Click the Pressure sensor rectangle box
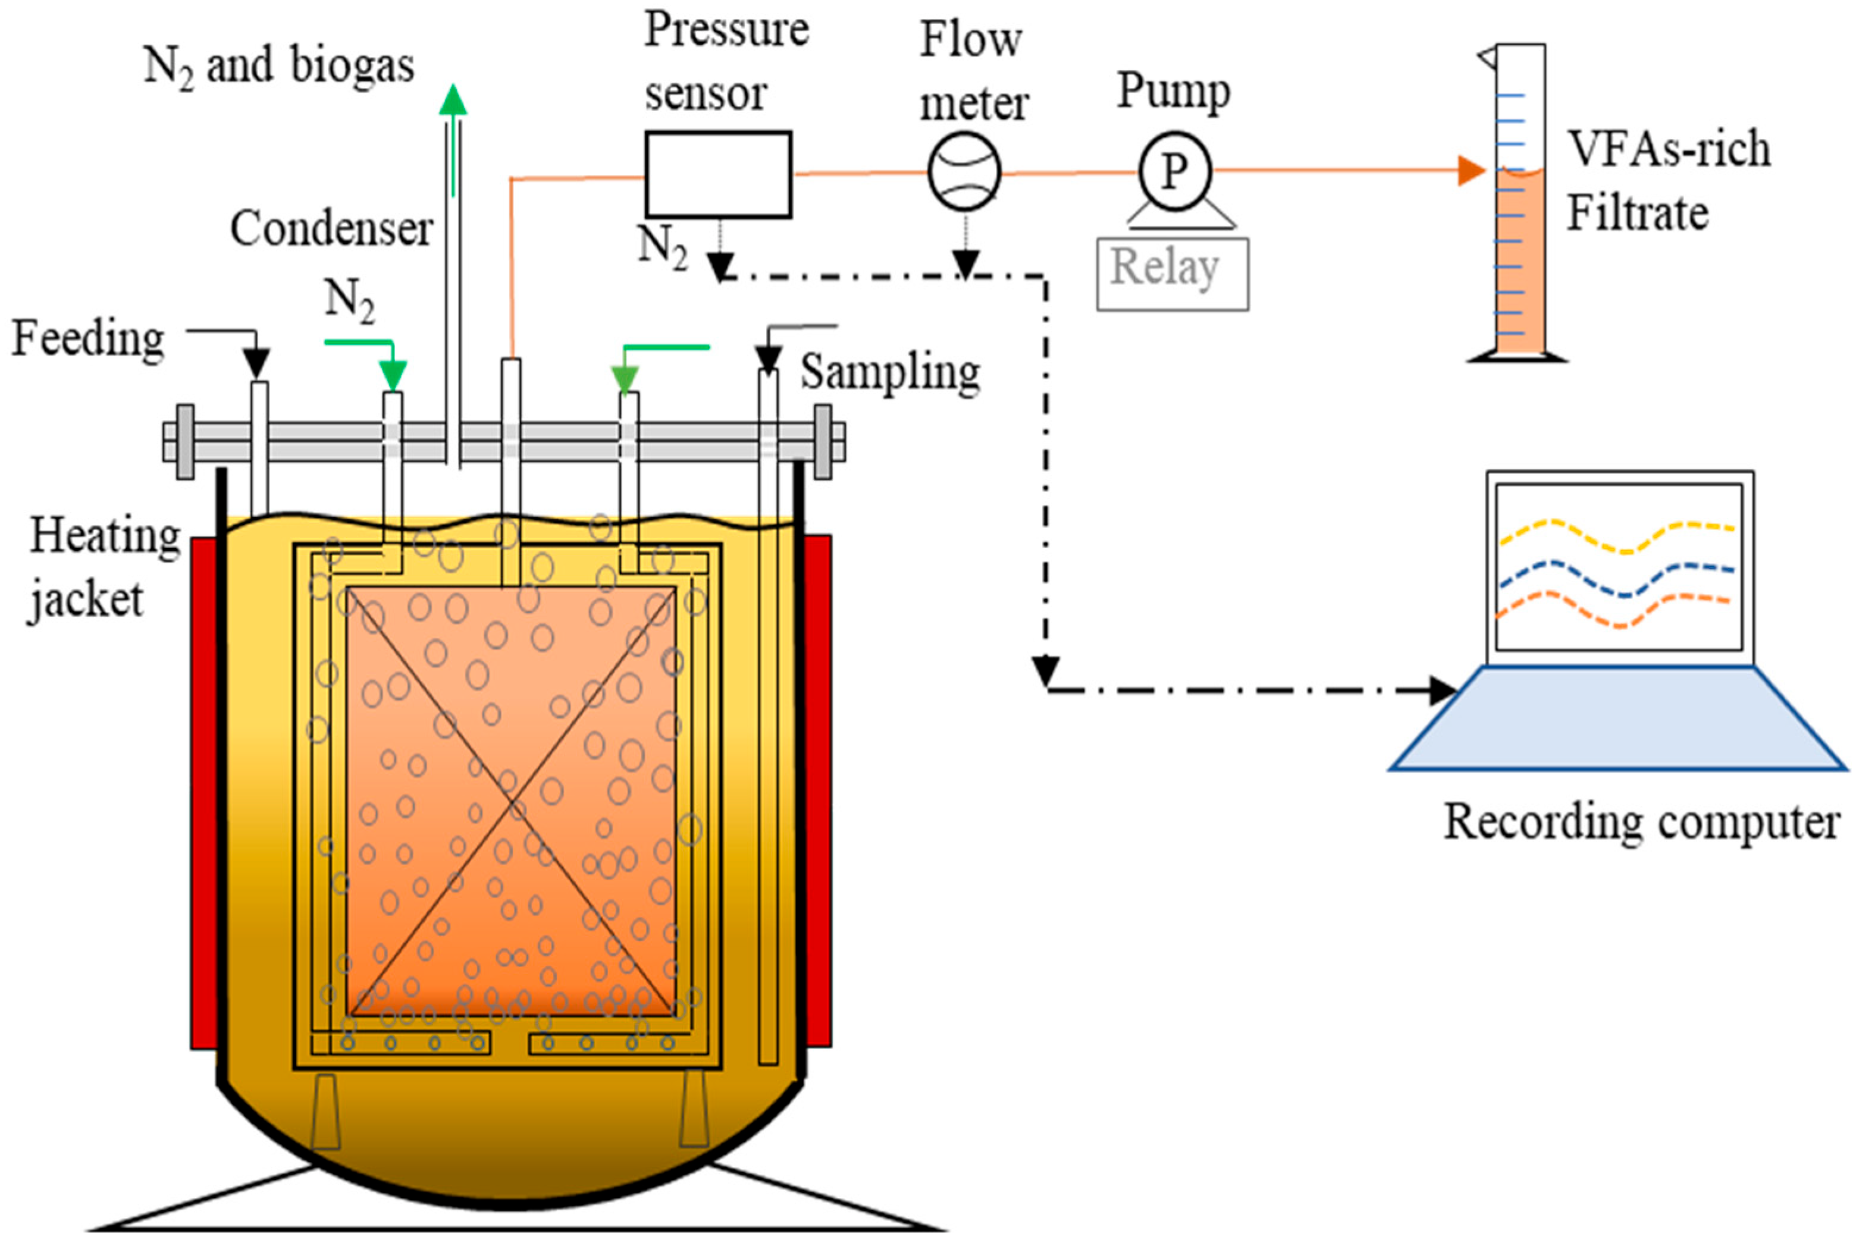tap(717, 174)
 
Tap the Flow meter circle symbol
tap(964, 172)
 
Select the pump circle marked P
tap(1174, 171)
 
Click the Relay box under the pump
tap(1172, 274)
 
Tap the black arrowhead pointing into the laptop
tap(1443, 690)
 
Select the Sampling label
tap(889, 372)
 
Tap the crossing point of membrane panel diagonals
tap(512, 801)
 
